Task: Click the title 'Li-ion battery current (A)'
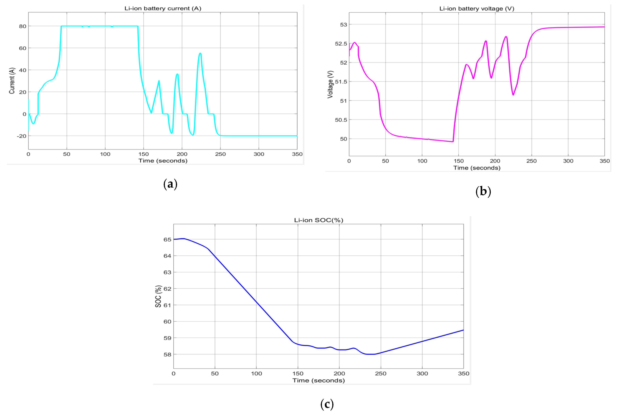[163, 8]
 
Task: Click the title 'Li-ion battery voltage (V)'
[477, 9]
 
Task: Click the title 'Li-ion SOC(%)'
[319, 220]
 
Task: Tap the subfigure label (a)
[170, 184]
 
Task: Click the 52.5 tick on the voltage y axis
[341, 44]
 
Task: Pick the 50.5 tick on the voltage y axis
[341, 120]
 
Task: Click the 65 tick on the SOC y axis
[167, 240]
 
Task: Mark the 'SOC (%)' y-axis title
[158, 296]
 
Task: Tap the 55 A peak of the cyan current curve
[200, 53]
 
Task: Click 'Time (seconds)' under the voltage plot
[477, 168]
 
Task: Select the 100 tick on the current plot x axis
[105, 154]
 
